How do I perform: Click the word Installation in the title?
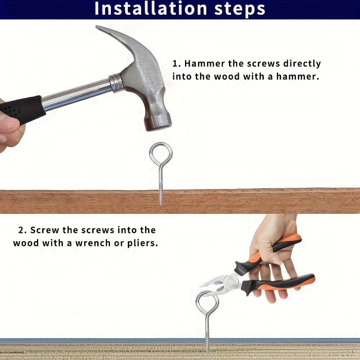pos(151,9)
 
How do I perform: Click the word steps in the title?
pos(240,9)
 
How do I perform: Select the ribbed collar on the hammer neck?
pos(117,83)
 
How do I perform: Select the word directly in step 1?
pos(302,64)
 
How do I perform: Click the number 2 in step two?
pos(21,230)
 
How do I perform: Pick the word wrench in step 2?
pos(93,243)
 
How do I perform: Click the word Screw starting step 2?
pos(45,230)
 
